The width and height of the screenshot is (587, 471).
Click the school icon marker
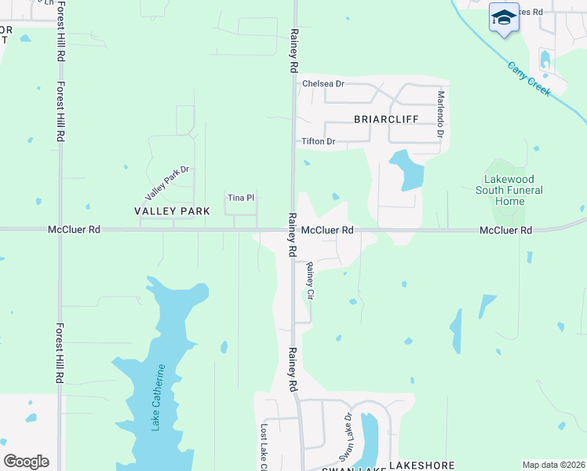(x=503, y=17)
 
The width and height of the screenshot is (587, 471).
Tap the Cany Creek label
(x=530, y=78)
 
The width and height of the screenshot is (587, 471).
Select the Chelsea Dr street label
(x=323, y=84)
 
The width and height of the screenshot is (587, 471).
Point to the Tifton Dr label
(x=319, y=142)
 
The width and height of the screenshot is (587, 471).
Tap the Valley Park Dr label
(x=167, y=182)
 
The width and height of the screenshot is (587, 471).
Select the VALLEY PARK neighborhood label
(x=172, y=211)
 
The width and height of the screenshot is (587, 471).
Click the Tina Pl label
(x=240, y=198)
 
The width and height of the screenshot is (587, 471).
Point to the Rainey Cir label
(x=310, y=281)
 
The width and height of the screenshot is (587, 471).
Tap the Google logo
(x=26, y=462)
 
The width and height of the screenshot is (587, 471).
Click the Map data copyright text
(x=552, y=465)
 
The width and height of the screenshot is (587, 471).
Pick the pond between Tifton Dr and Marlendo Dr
(x=407, y=169)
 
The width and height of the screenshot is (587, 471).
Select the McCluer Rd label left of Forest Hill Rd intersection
(x=74, y=230)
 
